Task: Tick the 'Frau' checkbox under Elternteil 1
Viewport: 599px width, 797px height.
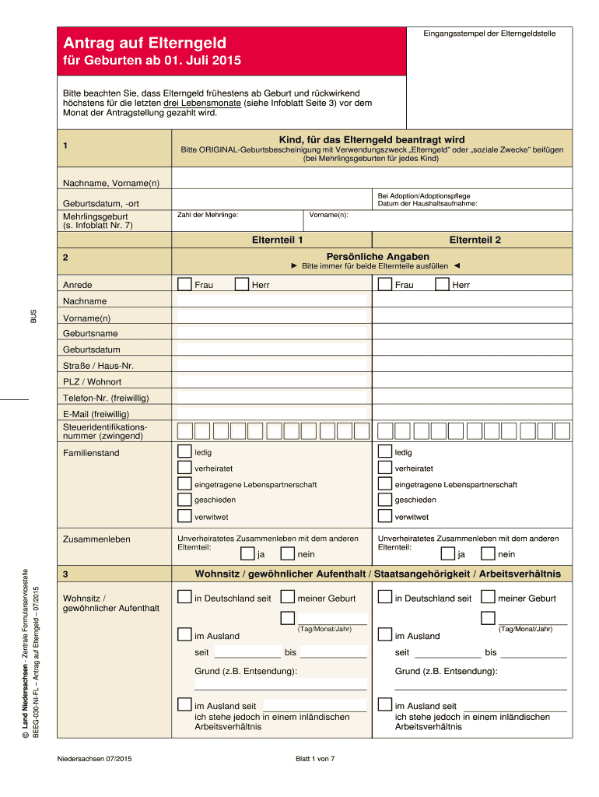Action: (184, 285)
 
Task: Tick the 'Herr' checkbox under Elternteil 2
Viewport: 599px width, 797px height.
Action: (443, 285)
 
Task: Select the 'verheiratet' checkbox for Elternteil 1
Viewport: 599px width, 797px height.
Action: (184, 468)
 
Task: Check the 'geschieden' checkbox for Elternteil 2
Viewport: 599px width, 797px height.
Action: (384, 500)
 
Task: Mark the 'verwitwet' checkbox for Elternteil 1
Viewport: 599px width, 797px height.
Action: (184, 516)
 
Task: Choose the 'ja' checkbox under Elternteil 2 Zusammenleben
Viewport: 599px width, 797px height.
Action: (447, 554)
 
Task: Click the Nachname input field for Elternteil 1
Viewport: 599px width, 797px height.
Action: (271, 301)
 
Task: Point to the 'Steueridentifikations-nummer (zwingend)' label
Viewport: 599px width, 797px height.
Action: (104, 431)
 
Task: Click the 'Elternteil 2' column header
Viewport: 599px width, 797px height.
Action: (475, 240)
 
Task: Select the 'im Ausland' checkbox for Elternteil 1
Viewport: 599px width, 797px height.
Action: (184, 635)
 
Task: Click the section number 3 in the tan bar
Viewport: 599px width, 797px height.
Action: (67, 574)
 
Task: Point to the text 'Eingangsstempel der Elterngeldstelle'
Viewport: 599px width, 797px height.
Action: (489, 33)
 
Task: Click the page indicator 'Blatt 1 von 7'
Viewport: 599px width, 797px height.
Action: (314, 760)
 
